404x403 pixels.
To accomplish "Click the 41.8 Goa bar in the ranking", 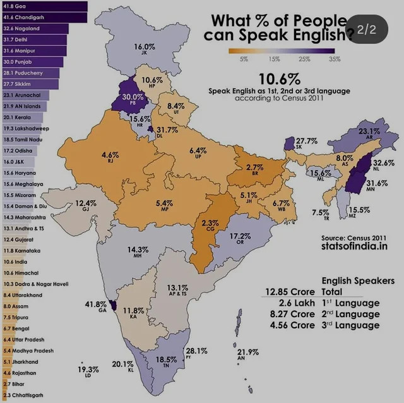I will point(38,6).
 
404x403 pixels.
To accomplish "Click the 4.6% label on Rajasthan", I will point(110,154).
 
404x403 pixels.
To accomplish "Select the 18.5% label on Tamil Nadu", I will point(166,359).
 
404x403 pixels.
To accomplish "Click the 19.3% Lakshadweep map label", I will point(88,370).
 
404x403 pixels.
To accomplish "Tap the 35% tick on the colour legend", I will point(335,59).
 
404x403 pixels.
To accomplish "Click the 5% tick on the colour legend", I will point(244,59).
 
